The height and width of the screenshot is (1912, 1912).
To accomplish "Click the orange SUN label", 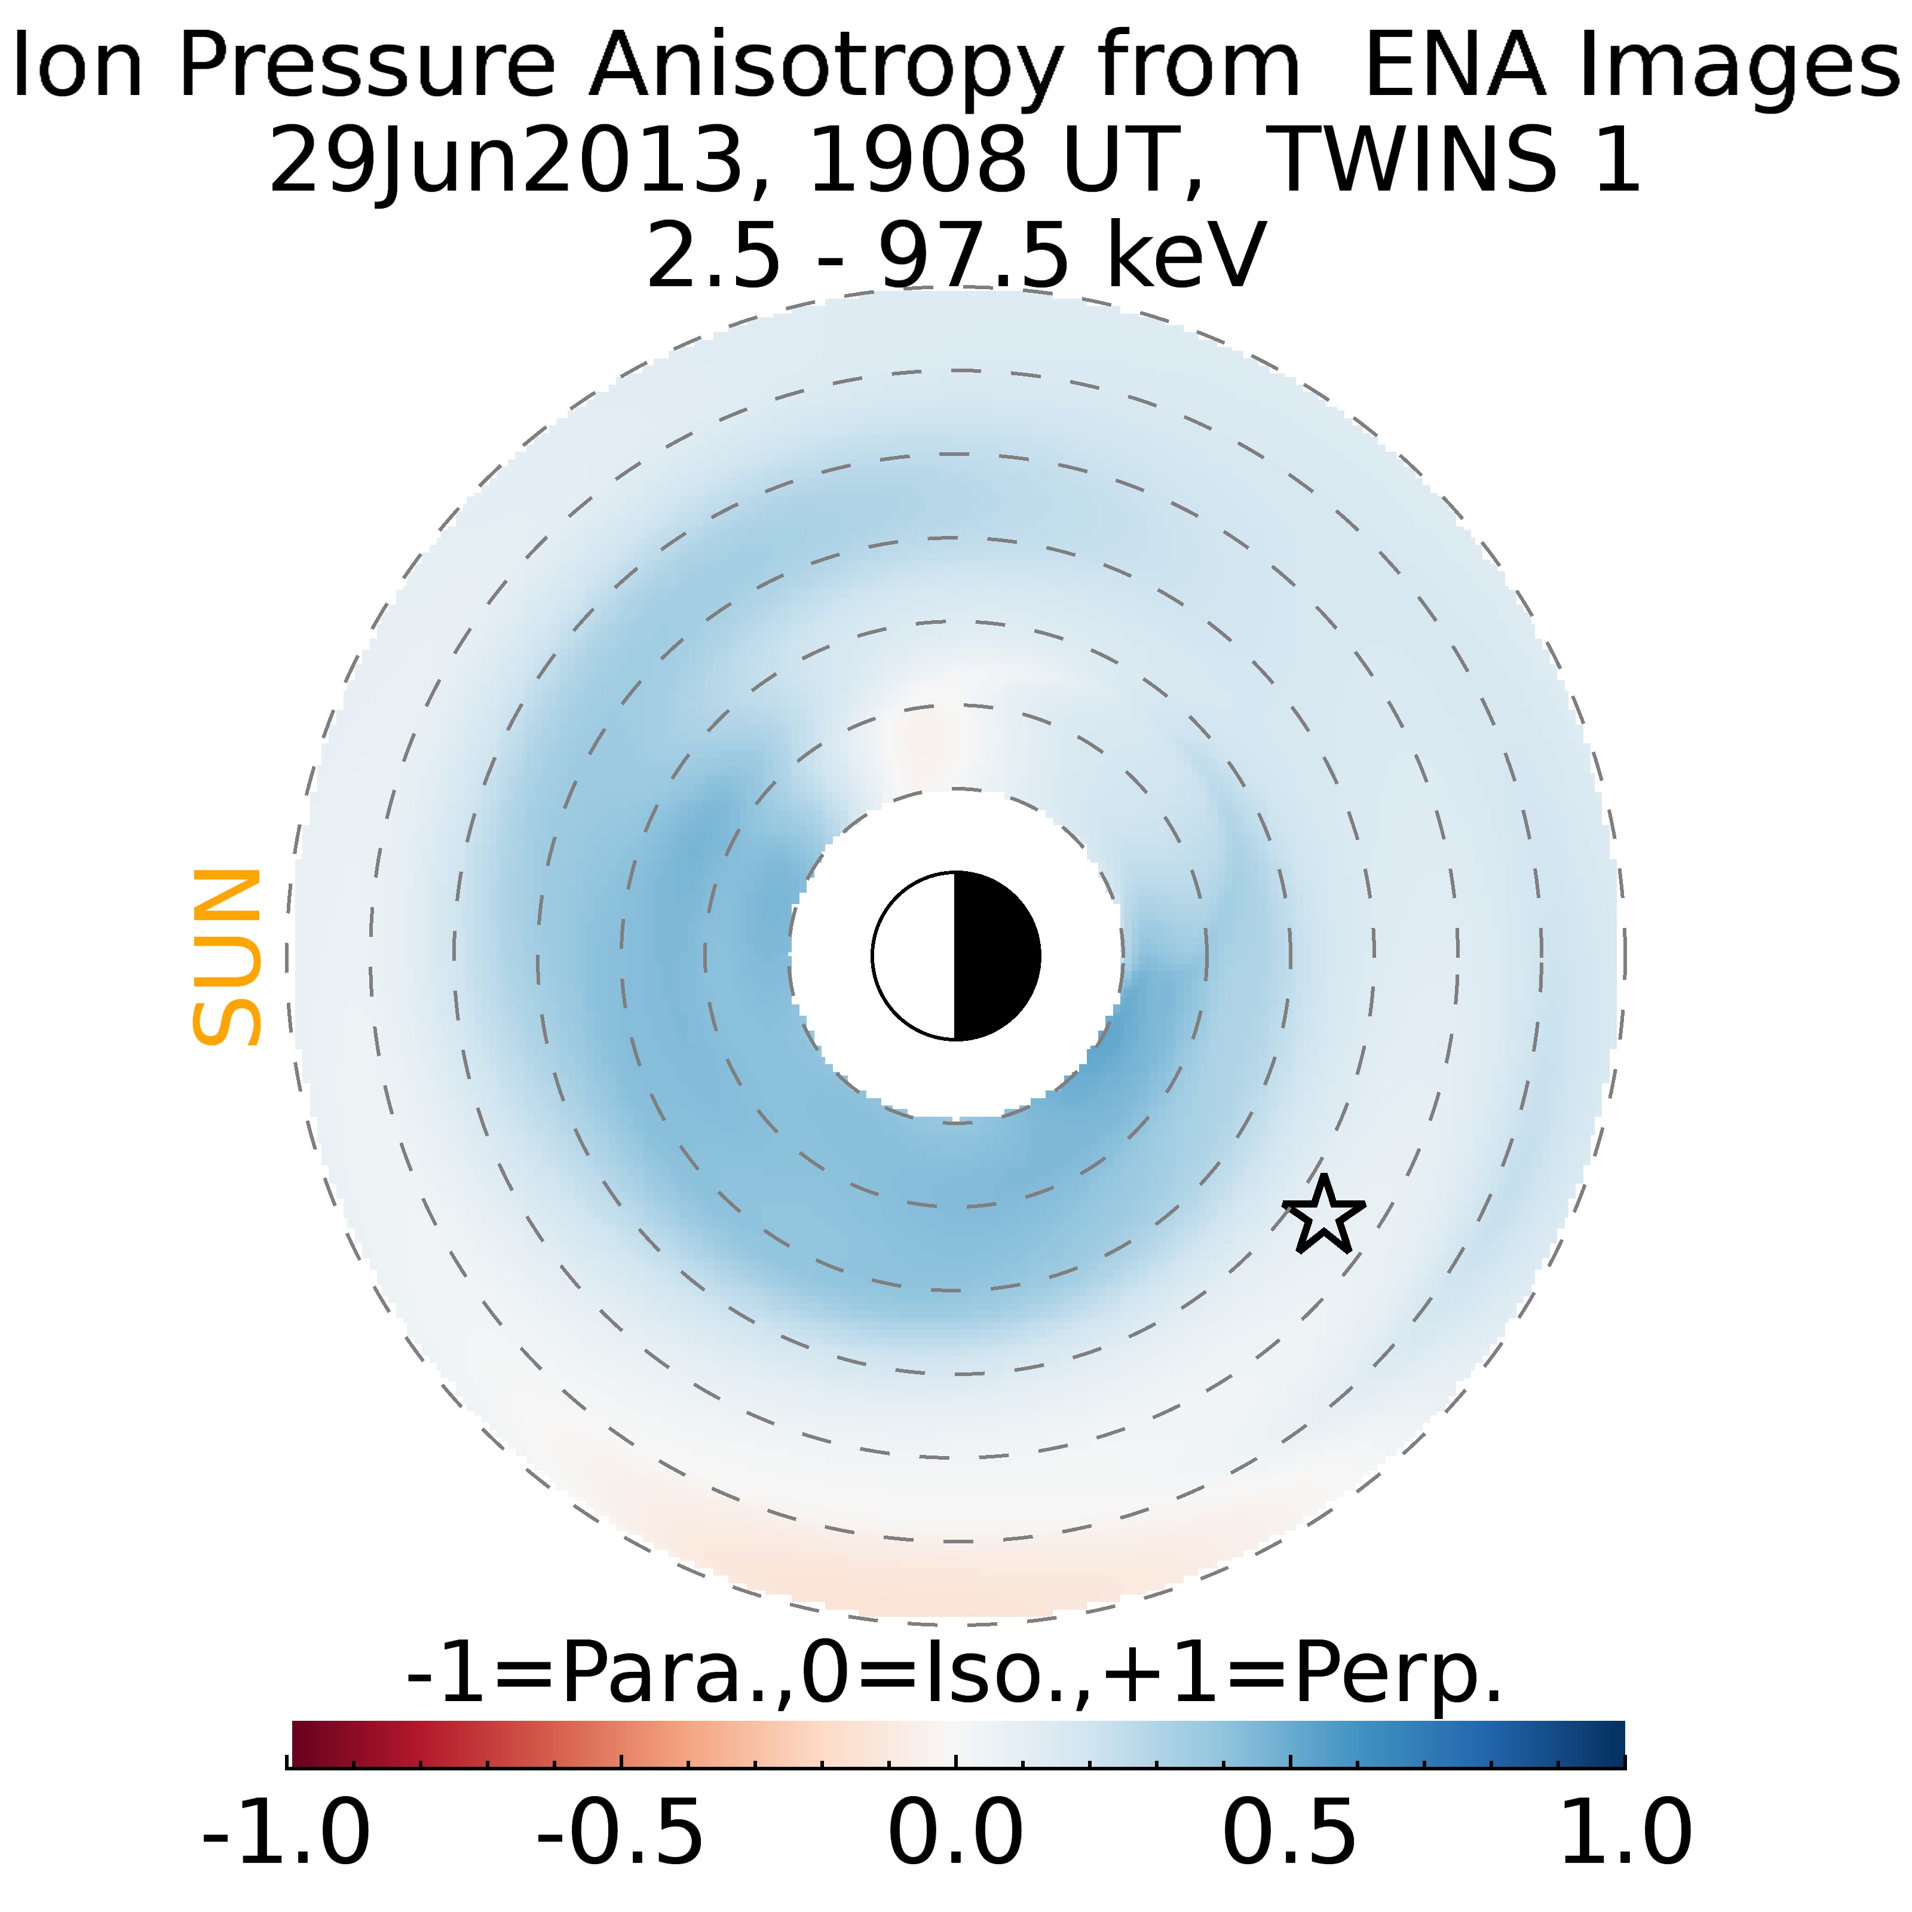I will coord(226,957).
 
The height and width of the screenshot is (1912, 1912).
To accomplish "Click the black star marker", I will coord(1323,1215).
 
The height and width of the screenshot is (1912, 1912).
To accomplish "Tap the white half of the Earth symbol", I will coord(914,956).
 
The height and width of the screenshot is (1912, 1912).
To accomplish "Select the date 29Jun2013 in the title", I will coord(505,161).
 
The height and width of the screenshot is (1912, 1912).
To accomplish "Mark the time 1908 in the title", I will coord(917,161).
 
